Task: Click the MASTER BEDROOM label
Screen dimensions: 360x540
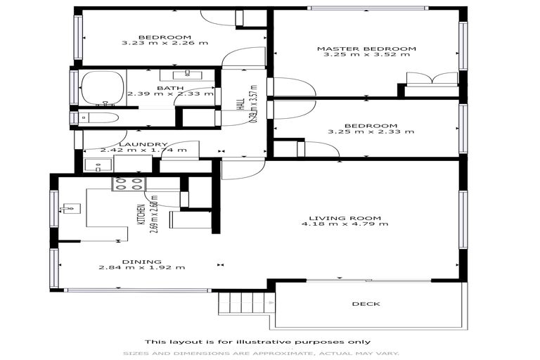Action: tap(366, 49)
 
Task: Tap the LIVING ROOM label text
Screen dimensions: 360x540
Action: tap(345, 217)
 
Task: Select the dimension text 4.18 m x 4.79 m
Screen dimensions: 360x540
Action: tap(345, 224)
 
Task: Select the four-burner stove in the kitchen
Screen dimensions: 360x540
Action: tap(128, 184)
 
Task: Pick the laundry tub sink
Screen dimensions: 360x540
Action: tap(98, 166)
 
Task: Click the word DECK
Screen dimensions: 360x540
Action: tap(365, 304)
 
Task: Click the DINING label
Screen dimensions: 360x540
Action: tap(141, 261)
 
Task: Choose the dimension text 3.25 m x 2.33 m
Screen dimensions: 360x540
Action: tap(366, 131)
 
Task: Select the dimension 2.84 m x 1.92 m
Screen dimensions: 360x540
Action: tap(141, 268)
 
